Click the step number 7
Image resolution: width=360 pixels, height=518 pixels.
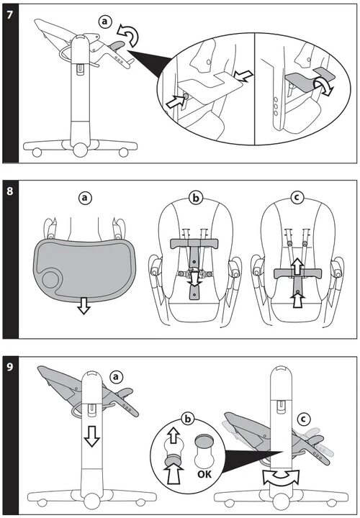(10, 15)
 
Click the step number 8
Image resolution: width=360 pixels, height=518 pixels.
(10, 191)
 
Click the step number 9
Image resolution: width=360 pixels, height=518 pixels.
(10, 367)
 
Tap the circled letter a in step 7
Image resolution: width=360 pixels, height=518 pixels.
(105, 22)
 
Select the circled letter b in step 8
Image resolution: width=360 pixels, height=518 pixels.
(196, 199)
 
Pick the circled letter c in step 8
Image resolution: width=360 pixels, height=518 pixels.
(297, 198)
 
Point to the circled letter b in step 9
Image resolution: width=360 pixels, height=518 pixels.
(188, 419)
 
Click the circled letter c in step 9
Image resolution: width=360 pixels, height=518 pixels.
(304, 419)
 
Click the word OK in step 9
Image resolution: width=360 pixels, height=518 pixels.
(204, 474)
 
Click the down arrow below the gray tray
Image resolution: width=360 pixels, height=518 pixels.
(84, 306)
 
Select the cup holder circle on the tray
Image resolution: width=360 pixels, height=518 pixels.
(50, 279)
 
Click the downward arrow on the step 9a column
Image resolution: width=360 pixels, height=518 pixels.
(91, 436)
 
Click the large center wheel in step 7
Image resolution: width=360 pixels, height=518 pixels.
(80, 150)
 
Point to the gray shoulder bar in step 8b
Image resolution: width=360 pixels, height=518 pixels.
(194, 243)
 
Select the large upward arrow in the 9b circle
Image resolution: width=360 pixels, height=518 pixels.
(174, 473)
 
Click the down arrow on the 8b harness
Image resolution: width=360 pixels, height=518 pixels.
(194, 278)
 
